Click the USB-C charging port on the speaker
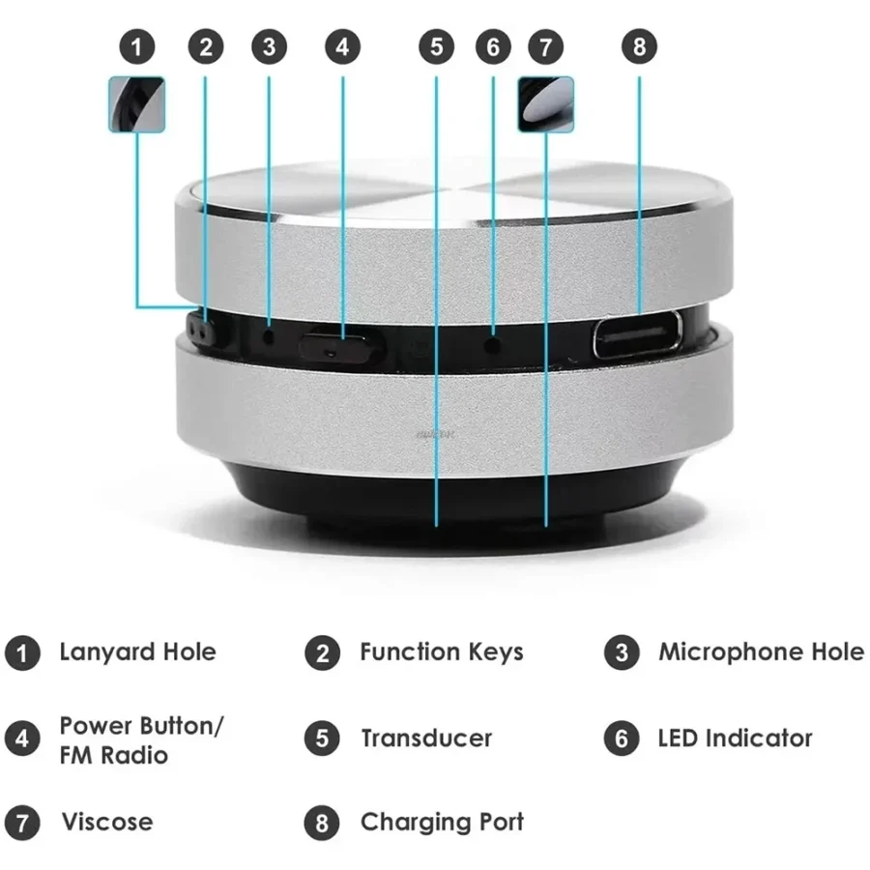coord(637,335)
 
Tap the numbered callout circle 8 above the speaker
coord(639,46)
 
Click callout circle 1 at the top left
coord(137,46)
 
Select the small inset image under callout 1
coord(136,104)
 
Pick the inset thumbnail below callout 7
coord(545,104)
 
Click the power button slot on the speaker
coord(334,346)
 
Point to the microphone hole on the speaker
coord(269,337)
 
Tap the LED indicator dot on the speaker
coord(493,342)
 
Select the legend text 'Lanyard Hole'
coord(137,652)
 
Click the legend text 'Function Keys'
coord(442,652)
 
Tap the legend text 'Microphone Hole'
coord(761,652)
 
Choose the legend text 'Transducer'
coord(426,739)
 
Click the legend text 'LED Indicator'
coord(735,739)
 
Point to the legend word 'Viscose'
coord(107,823)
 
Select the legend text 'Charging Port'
coord(442,823)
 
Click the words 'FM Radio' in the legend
coord(113,754)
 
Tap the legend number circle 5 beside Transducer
coord(322,739)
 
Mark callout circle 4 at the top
coord(342,46)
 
